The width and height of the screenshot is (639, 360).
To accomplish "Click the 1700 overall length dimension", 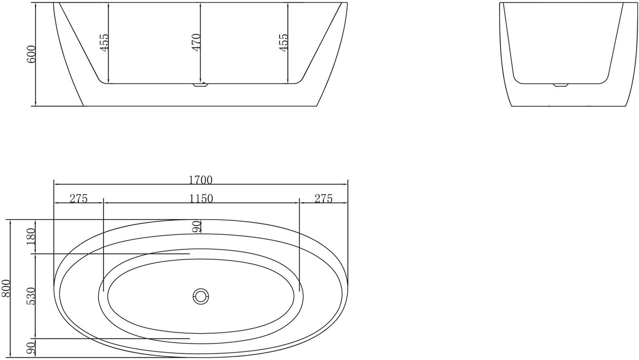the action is coord(200,180).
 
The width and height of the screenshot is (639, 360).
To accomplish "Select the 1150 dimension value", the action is coord(201,198).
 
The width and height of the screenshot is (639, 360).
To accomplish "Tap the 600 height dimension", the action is coord(31,54).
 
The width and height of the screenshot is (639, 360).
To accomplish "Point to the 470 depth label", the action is coord(196,42).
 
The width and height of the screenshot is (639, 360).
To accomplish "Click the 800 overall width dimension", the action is coord(6,288).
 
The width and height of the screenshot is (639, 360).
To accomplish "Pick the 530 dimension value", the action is coord(31,296).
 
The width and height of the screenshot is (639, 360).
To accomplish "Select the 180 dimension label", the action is coord(31,237).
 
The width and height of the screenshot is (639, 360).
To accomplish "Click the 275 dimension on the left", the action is coord(78,198).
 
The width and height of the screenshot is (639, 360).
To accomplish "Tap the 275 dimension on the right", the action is coord(323,198).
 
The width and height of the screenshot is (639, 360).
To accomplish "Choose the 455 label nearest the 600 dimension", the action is coord(104,42).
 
